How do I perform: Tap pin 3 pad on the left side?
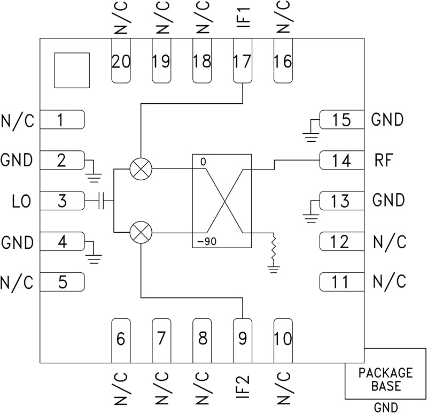pos(63,201)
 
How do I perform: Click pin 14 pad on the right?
pos(341,160)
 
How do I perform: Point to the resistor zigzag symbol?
pos(274,250)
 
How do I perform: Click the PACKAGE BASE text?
pos(385,379)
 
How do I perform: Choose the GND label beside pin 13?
pos(387,201)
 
